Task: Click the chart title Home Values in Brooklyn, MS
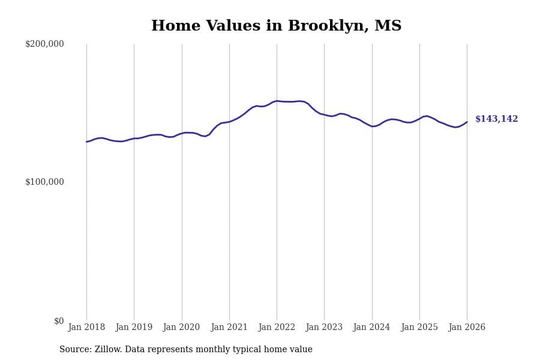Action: click(x=276, y=26)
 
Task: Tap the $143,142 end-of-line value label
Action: click(x=496, y=119)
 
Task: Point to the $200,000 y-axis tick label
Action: click(x=44, y=44)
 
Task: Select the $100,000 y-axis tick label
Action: click(x=44, y=182)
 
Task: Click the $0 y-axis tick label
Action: click(x=59, y=321)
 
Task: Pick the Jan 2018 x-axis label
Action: click(x=86, y=328)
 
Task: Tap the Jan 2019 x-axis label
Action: click(x=134, y=328)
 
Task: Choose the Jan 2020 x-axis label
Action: click(x=181, y=328)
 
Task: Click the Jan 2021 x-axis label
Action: click(x=229, y=328)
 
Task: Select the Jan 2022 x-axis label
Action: click(x=277, y=328)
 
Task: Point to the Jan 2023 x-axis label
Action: click(x=324, y=328)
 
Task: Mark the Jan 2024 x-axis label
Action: click(x=371, y=328)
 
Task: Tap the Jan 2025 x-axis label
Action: click(x=419, y=328)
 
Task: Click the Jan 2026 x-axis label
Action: click(x=467, y=328)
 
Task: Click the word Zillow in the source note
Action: click(x=107, y=350)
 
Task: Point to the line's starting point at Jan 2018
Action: click(x=86, y=142)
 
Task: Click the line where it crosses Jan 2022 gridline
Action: click(x=277, y=101)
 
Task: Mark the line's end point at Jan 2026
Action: click(x=467, y=122)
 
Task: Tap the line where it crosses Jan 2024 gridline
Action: click(x=372, y=126)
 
